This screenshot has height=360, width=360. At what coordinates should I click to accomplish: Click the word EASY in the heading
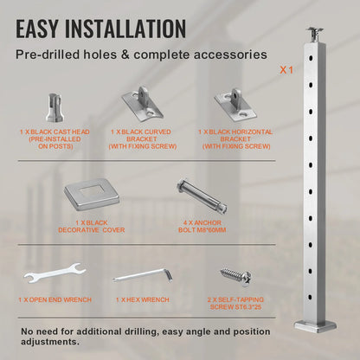pyautogui.click(x=44, y=29)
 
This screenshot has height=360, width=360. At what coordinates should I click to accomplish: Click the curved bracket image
pyautogui.click(x=141, y=106)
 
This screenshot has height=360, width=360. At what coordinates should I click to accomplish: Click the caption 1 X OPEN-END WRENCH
pyautogui.click(x=54, y=299)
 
